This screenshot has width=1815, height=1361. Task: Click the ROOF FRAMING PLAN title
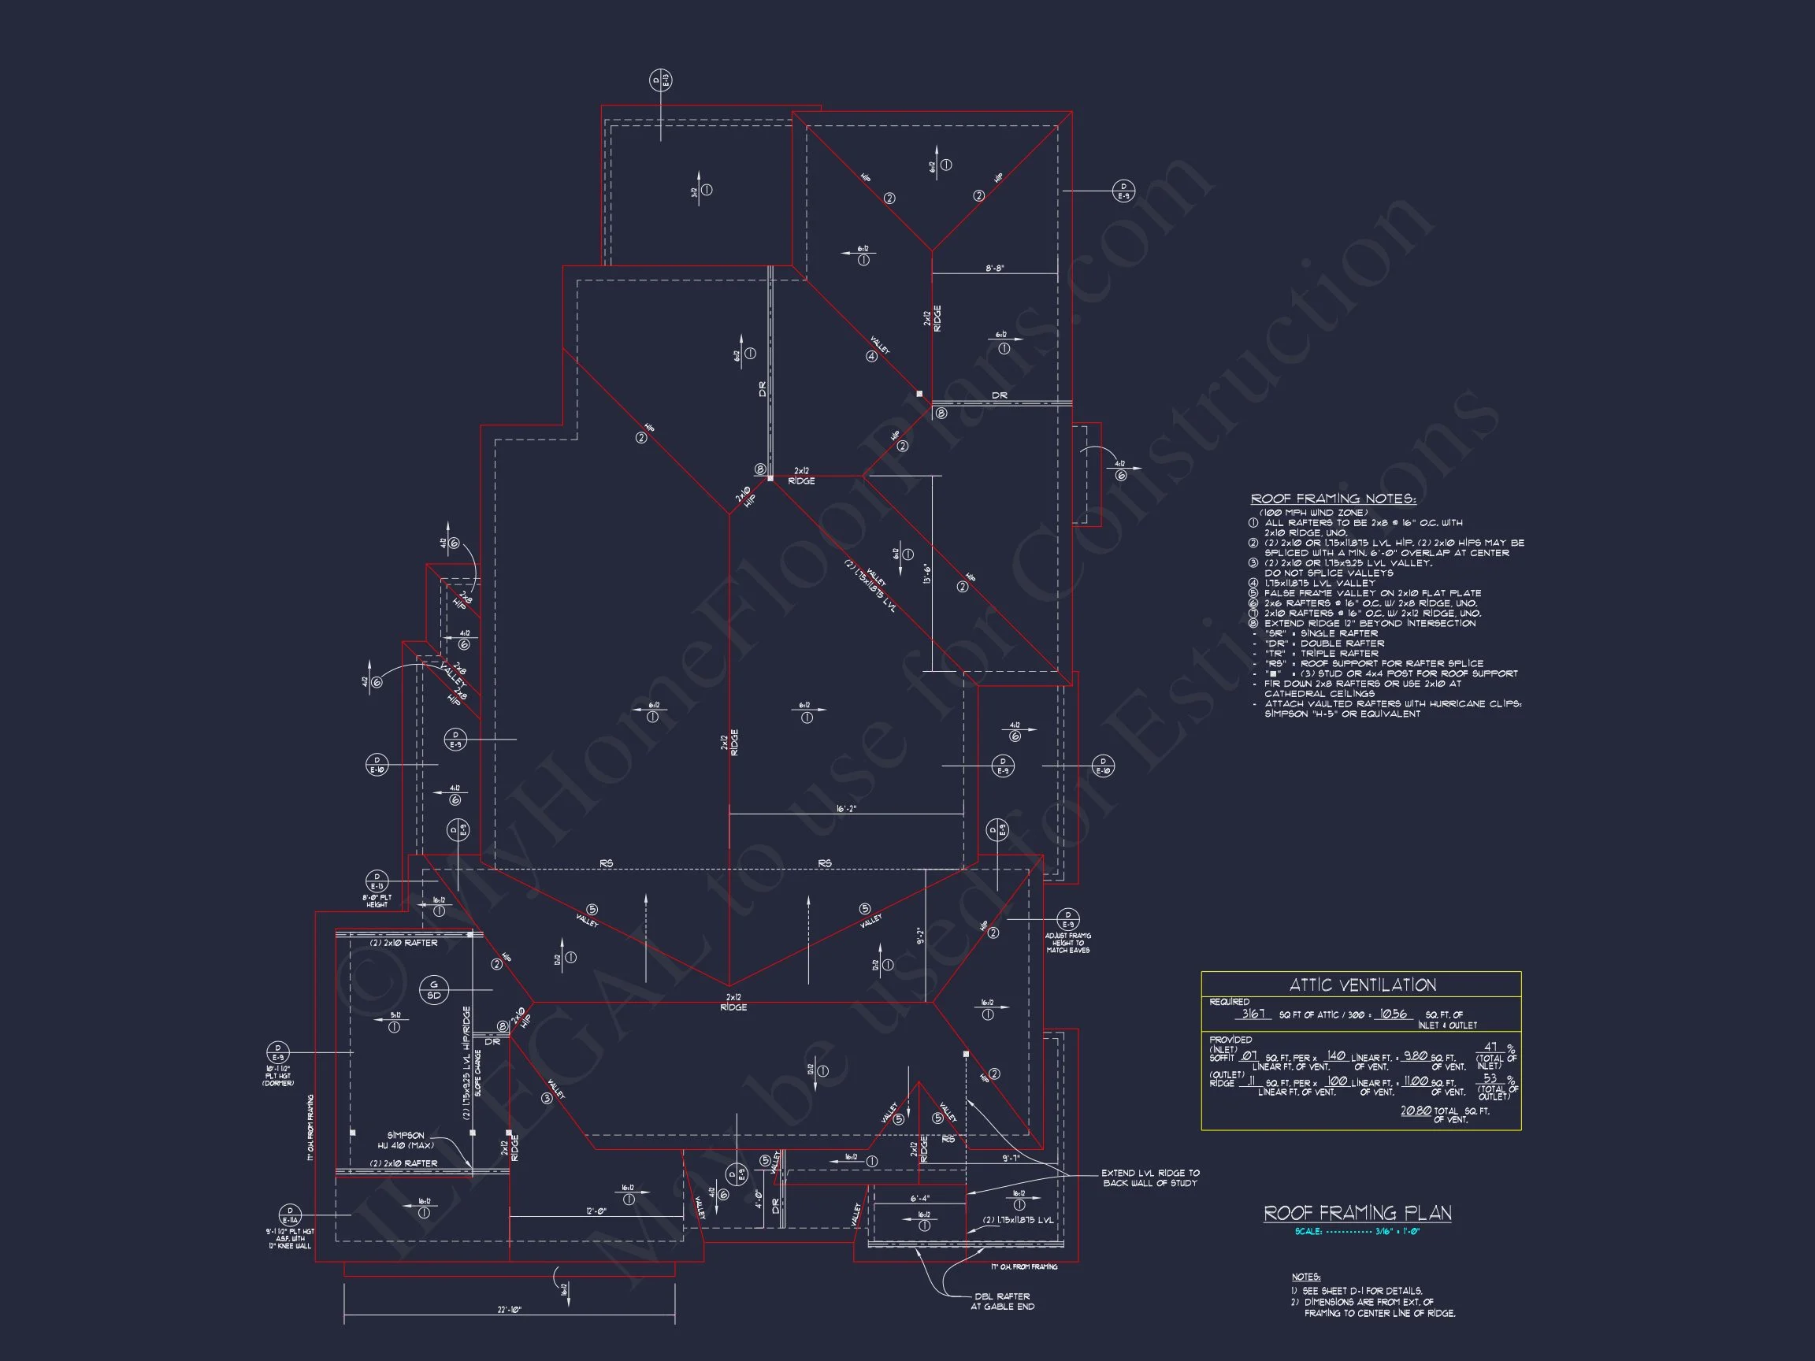[1357, 1214]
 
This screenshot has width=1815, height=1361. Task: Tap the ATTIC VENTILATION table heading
[1362, 985]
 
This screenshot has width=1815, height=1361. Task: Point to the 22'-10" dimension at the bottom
[509, 1310]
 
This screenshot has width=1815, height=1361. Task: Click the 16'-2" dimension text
[846, 809]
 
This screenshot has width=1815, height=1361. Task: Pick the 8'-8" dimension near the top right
[994, 269]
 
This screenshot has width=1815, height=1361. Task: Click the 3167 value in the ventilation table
[1253, 1014]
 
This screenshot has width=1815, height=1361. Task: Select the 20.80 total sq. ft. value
[1416, 1111]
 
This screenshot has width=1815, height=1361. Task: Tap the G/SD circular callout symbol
[434, 989]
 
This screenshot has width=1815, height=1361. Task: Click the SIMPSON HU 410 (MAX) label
[406, 1140]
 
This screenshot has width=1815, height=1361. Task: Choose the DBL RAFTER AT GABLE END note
[1002, 1301]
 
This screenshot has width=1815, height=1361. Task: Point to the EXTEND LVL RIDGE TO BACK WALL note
[1149, 1178]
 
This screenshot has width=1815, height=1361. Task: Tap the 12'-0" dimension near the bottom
[596, 1211]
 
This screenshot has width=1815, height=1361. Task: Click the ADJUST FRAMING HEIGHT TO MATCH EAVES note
[1067, 943]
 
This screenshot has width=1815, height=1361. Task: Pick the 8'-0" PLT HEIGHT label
[377, 901]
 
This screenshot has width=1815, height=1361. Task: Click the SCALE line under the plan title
[1357, 1231]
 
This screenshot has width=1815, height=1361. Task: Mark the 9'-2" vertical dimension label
[921, 936]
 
